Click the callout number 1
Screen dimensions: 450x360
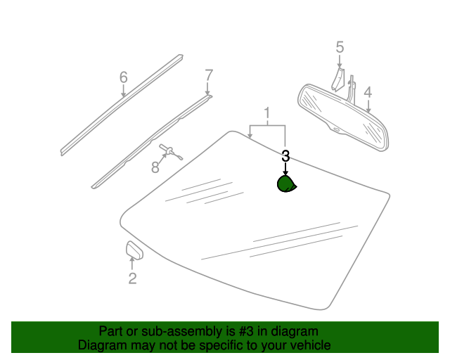267,113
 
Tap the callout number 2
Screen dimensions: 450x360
132,278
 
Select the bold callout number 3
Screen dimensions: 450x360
285,156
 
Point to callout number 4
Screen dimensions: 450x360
368,92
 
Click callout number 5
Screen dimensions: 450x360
340,47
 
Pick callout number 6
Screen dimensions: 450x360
124,77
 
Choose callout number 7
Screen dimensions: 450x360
209,75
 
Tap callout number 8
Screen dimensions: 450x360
155,167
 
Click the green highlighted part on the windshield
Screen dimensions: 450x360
286,184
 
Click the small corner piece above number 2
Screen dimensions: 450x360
134,250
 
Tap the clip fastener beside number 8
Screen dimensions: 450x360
171,151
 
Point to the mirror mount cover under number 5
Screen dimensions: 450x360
337,79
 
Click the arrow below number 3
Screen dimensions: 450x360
285,169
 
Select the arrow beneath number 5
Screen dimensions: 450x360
340,61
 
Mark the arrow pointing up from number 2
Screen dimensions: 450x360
132,264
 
